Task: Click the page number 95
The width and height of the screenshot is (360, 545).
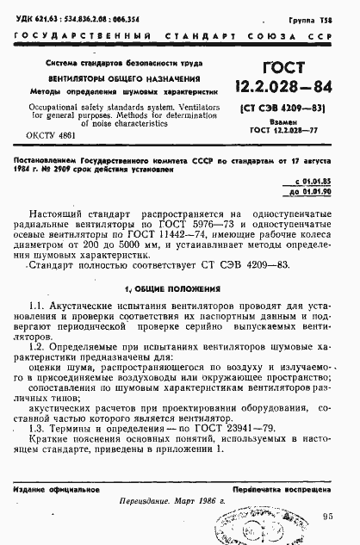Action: coord(327,517)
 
